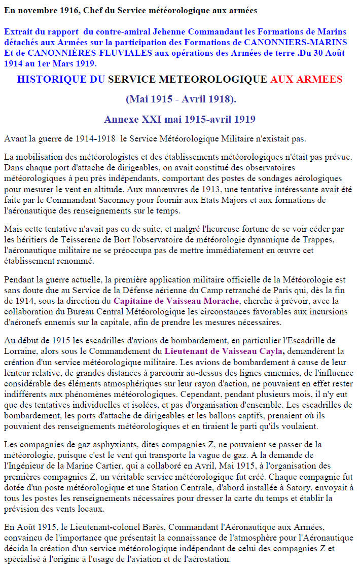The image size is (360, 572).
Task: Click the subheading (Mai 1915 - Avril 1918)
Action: (x=180, y=99)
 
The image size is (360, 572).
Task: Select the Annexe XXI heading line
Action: (x=179, y=120)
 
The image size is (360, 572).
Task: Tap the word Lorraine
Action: (x=19, y=350)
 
